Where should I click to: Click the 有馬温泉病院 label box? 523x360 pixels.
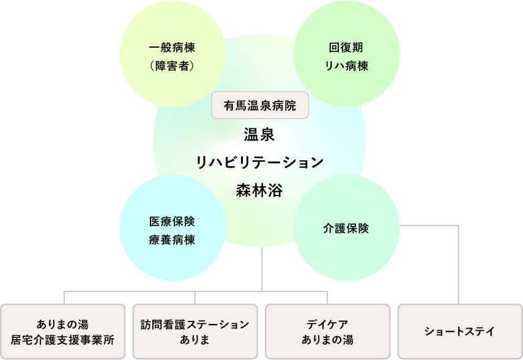pyautogui.click(x=259, y=106)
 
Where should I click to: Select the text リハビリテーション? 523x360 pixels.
pyautogui.click(x=259, y=162)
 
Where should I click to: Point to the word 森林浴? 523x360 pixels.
pyautogui.click(x=259, y=190)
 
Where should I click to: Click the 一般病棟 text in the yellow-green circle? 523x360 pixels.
pyautogui.click(x=172, y=47)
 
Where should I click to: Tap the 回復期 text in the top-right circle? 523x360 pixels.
pyautogui.click(x=347, y=47)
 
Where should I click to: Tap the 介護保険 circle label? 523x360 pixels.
pyautogui.click(x=346, y=229)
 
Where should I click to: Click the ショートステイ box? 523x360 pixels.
pyautogui.click(x=459, y=331)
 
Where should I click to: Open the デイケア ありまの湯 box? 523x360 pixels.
pyautogui.click(x=327, y=331)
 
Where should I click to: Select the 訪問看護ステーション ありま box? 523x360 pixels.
pyautogui.click(x=195, y=331)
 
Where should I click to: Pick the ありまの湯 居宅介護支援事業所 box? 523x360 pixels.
pyautogui.click(x=62, y=331)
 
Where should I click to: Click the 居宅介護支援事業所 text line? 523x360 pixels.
pyautogui.click(x=62, y=340)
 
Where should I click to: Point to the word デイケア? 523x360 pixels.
pyautogui.click(x=327, y=323)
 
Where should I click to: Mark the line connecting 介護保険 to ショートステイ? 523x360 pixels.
pyautogui.click(x=458, y=263)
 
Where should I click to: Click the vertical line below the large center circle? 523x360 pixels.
pyautogui.click(x=262, y=269)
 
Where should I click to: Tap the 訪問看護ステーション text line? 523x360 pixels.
pyautogui.click(x=195, y=323)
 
